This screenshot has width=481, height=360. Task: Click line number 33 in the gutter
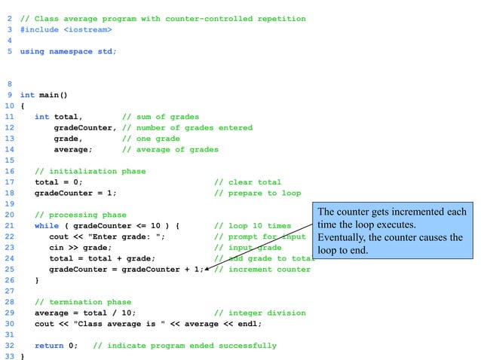9,356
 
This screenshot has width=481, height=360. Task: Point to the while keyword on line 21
46,226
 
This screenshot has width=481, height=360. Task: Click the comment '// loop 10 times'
253,226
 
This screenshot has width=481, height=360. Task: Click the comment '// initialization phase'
90,171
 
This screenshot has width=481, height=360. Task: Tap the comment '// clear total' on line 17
248,182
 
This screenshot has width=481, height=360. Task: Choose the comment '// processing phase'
81,215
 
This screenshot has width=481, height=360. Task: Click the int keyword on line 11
41,117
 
